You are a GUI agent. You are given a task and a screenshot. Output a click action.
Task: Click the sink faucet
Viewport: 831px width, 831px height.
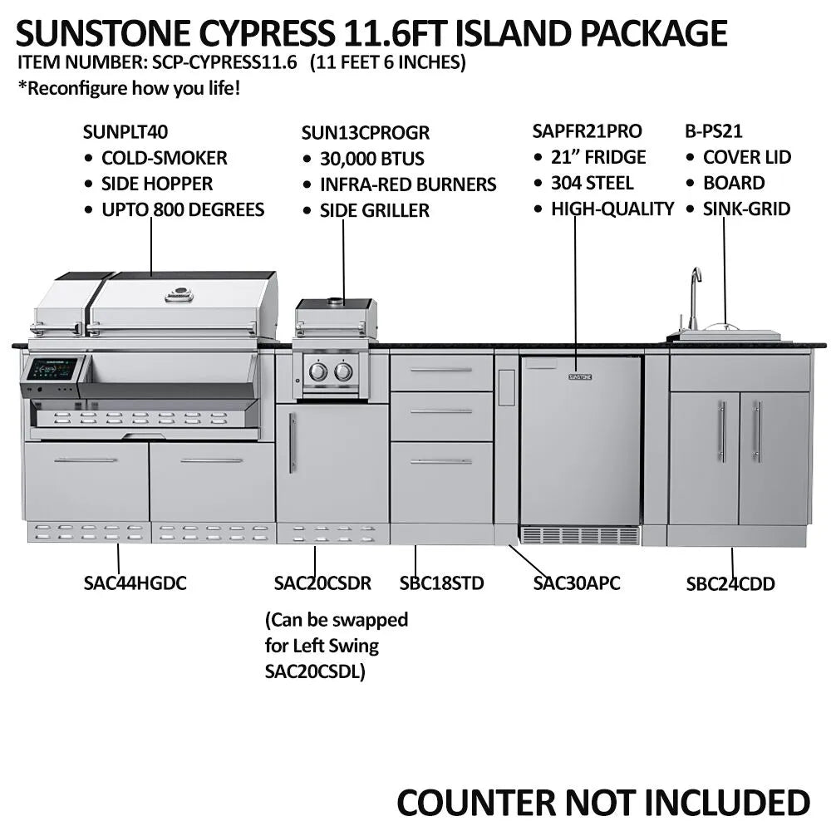coord(694,295)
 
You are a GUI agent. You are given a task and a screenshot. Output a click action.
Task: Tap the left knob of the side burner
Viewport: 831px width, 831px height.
coord(318,371)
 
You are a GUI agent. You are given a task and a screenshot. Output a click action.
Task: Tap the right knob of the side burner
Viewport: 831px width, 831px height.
coord(343,371)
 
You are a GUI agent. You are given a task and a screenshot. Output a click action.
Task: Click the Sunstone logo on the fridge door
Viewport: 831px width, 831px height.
coord(580,376)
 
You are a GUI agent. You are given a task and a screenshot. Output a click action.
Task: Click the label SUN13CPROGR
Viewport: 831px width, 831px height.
coord(366,132)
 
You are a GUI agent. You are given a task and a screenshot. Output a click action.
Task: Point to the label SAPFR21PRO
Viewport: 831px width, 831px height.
coord(587,131)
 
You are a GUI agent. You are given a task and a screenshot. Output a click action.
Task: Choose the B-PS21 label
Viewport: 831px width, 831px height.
coord(713,131)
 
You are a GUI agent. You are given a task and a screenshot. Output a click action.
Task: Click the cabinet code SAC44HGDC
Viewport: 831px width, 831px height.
coord(135,583)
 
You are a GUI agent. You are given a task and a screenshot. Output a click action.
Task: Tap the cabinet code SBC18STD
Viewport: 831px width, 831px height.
coord(441,583)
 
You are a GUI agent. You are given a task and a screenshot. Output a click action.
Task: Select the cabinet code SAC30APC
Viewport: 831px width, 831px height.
coord(577,583)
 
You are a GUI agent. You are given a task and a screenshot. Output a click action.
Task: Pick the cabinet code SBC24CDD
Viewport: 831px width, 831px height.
coord(730,584)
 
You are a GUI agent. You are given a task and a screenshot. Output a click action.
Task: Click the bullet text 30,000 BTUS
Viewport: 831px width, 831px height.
coord(372,159)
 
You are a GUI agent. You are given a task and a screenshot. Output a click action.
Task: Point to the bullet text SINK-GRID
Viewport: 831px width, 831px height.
coord(746,209)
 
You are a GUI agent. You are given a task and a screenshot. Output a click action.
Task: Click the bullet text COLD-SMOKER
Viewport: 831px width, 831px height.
coord(164,158)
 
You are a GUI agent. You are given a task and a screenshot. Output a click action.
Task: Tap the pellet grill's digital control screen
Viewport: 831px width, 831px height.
coord(52,368)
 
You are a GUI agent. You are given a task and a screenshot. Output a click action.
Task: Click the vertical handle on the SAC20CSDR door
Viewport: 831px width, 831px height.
coord(292,443)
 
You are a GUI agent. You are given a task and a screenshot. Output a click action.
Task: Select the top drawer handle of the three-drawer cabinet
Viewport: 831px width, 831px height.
coord(440,370)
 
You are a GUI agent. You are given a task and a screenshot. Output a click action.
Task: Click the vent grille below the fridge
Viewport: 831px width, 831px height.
coord(580,535)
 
